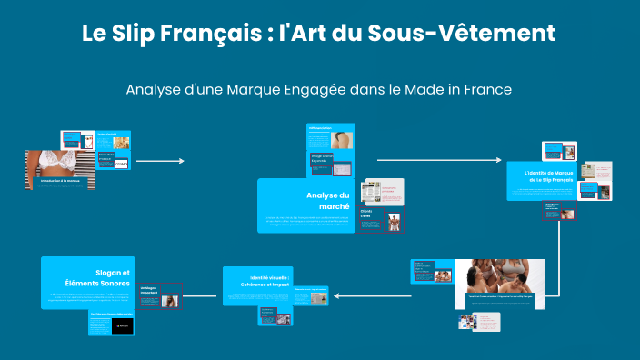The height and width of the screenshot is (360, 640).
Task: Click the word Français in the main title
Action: [x=215, y=35]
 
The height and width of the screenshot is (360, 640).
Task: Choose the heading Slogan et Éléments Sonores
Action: [x=103, y=277]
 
